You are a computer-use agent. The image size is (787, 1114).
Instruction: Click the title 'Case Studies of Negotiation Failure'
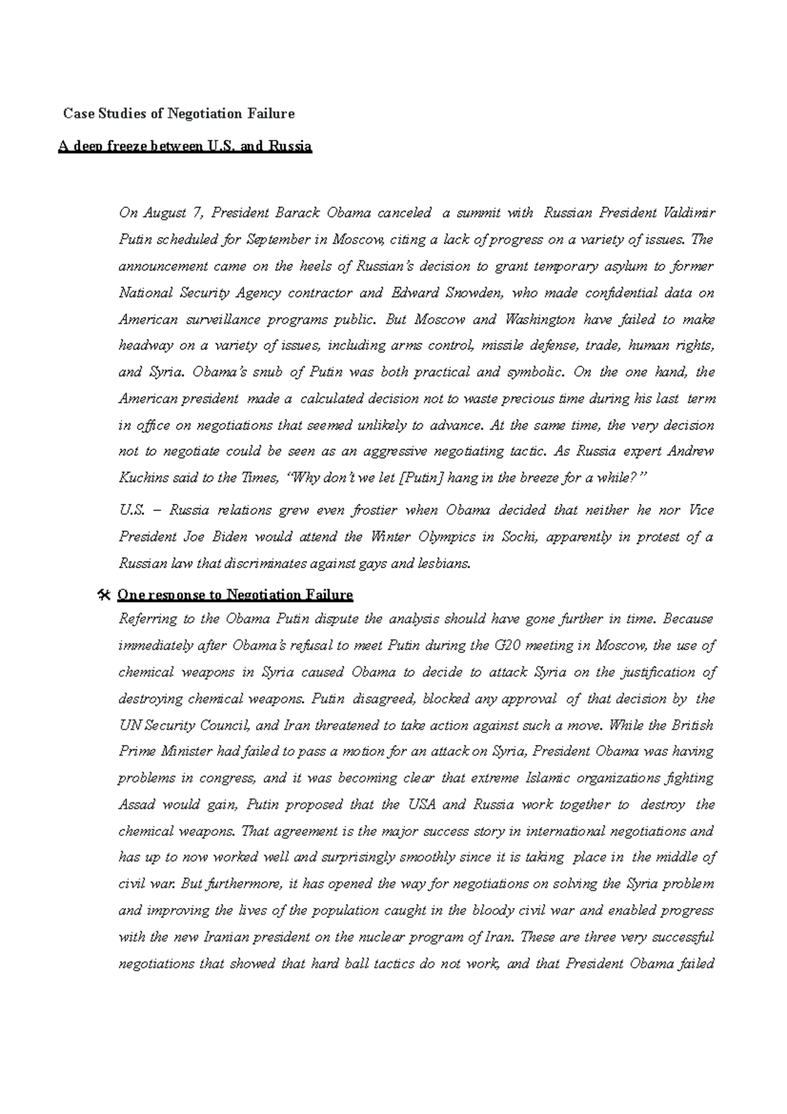point(178,113)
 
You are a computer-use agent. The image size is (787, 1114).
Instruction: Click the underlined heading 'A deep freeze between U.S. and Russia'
point(184,146)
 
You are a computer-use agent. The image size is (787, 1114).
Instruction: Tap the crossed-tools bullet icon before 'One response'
point(102,595)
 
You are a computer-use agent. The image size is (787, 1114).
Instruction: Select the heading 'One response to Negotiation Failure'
point(235,595)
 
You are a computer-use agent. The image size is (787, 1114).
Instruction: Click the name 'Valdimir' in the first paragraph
point(689,213)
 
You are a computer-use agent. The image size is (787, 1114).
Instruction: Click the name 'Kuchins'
point(139,478)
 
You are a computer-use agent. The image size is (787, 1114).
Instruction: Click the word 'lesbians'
point(448,563)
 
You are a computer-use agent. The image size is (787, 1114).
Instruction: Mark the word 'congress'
point(228,778)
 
